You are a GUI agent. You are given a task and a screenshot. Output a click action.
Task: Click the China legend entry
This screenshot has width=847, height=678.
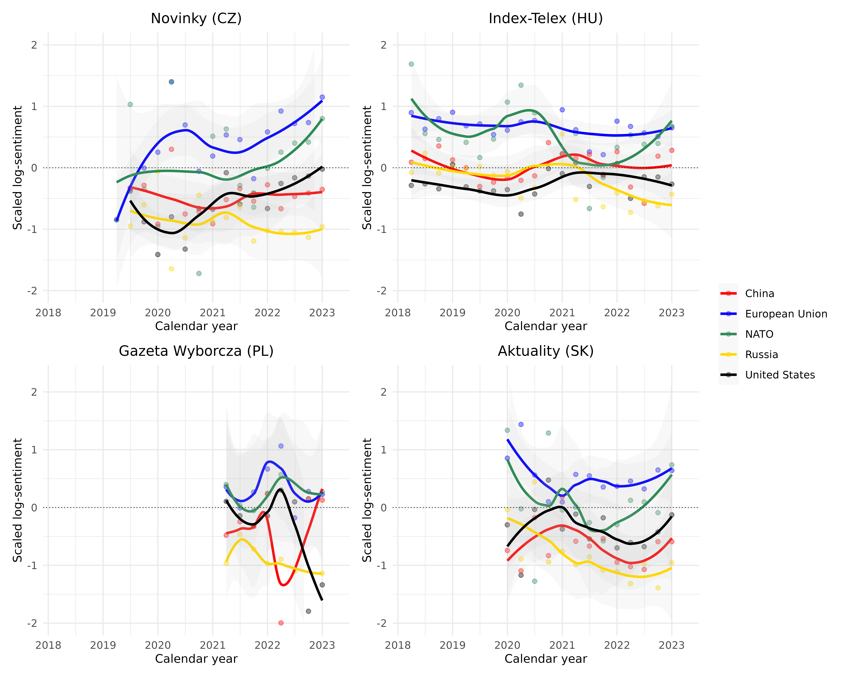[759, 294]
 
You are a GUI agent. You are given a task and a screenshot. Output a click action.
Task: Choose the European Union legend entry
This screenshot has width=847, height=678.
[786, 314]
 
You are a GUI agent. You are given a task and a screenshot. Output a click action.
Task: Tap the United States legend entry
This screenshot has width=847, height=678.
[780, 375]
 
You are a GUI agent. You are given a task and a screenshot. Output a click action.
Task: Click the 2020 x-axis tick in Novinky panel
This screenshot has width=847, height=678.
[158, 313]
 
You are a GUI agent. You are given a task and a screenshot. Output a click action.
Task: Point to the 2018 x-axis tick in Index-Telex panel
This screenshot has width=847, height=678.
[398, 313]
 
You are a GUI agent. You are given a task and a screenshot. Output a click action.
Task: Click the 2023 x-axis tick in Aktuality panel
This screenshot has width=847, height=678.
[671, 645]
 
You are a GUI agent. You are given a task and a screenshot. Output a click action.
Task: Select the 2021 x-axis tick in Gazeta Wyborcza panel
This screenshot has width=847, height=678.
[213, 645]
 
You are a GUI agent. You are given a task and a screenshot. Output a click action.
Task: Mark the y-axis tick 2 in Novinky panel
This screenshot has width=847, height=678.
[34, 45]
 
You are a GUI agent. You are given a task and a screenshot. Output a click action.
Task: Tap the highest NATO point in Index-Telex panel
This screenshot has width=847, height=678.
[411, 64]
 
